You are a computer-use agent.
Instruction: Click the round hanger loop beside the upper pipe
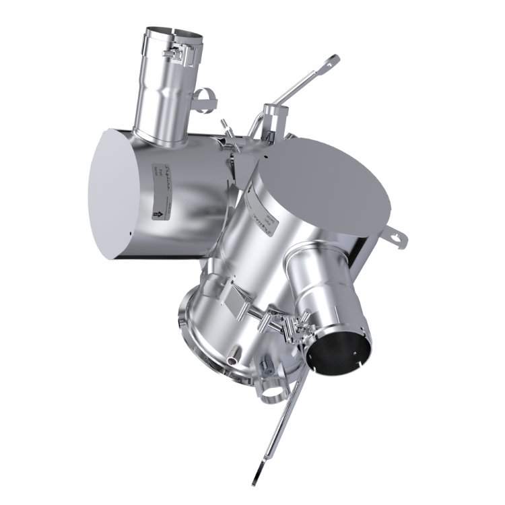coord(207,100)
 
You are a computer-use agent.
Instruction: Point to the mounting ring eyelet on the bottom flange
coord(273,390)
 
